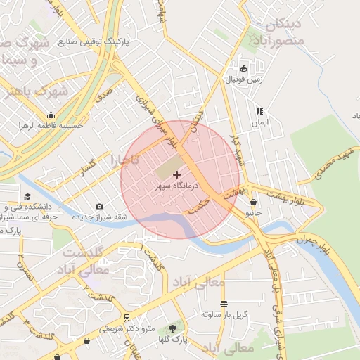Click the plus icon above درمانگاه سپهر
(176, 174)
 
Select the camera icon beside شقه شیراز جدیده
(99, 206)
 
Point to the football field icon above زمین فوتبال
(243, 69)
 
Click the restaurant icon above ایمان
(259, 111)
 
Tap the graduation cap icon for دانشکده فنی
(27, 197)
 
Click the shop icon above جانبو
(253, 202)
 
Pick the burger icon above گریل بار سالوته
(224, 304)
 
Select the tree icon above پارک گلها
(172, 328)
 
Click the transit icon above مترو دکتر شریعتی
(127, 318)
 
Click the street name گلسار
(89, 169)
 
